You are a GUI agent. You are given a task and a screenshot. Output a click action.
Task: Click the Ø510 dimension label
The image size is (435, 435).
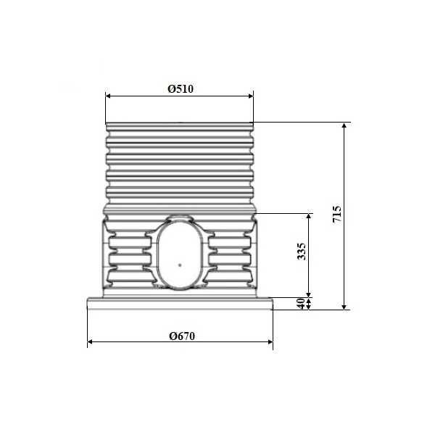[x=181, y=88]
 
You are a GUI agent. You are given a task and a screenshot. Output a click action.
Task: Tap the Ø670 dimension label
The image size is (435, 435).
[x=182, y=336]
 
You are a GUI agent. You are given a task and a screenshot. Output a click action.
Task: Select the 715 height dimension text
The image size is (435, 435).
[x=337, y=214]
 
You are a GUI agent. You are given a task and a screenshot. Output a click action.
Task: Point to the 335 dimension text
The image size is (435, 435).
[x=302, y=252]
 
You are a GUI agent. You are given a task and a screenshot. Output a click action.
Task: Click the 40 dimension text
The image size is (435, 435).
[x=302, y=303]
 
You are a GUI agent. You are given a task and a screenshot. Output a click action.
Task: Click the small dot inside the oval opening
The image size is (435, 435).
[x=180, y=265]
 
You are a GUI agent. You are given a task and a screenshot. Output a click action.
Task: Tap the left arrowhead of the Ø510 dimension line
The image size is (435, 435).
[x=108, y=96]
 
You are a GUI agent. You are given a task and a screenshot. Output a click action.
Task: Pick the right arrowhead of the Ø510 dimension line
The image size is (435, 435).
[x=251, y=96]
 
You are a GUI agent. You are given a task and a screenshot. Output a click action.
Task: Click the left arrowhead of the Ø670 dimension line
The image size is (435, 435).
[x=90, y=341]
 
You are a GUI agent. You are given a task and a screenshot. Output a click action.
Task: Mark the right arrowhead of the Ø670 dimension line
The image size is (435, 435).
[x=270, y=341]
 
